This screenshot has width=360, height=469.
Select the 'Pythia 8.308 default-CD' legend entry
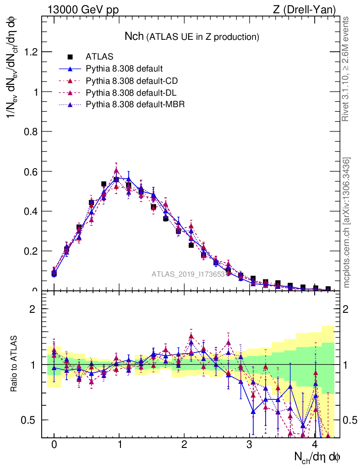[x=131, y=81]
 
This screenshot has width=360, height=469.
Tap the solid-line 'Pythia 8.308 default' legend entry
[x=124, y=69]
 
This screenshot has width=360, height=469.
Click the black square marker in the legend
[x=71, y=57]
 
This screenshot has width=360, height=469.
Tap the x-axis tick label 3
[x=250, y=445]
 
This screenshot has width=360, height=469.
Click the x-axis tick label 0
[x=54, y=445]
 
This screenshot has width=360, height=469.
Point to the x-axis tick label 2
[x=185, y=445]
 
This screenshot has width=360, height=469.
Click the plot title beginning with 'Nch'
[x=192, y=36]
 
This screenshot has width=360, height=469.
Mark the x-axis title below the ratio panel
[x=317, y=457]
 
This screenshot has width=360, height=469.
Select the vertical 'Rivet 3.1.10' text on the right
[x=346, y=69]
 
